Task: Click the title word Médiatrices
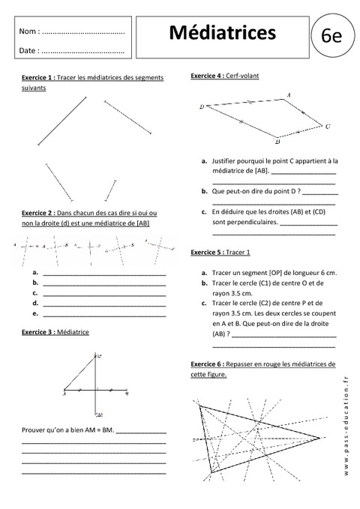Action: (x=222, y=32)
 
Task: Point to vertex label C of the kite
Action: (x=328, y=127)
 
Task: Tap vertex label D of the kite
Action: (x=202, y=107)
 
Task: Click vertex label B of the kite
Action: (x=277, y=141)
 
